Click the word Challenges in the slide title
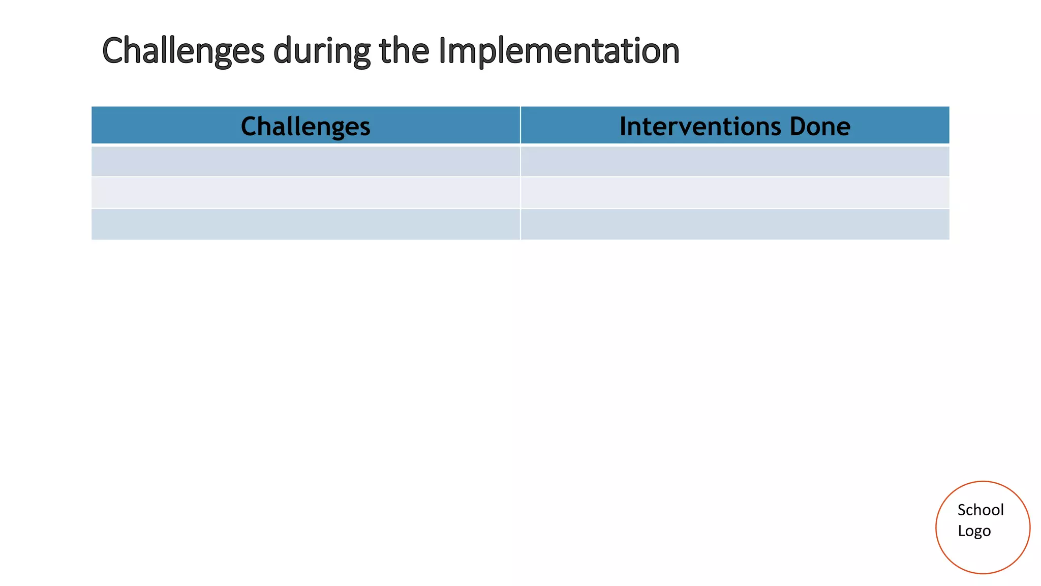click(x=183, y=51)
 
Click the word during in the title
click(x=322, y=51)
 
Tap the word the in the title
click(x=404, y=51)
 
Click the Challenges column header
click(x=305, y=126)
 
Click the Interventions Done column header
click(x=734, y=126)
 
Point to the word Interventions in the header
click(x=699, y=126)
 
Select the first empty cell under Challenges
click(x=305, y=161)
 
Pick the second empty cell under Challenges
click(x=305, y=192)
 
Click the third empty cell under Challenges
click(x=305, y=224)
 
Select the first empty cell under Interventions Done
click(x=734, y=161)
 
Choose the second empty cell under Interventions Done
click(x=734, y=192)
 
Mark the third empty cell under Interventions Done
click(x=734, y=224)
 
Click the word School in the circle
click(x=981, y=510)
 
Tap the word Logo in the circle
click(x=974, y=531)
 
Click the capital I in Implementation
click(x=441, y=51)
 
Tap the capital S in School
click(x=962, y=510)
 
